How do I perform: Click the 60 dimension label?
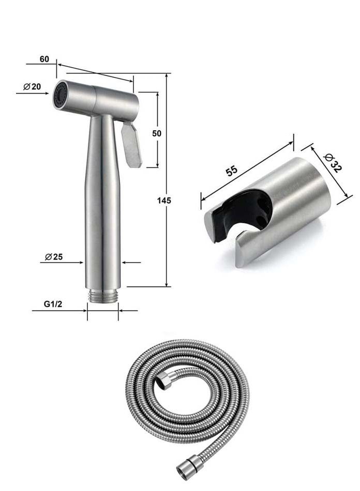click(44, 59)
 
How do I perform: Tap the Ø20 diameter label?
click(32, 86)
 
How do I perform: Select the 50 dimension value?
click(157, 133)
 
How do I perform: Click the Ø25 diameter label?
click(54, 257)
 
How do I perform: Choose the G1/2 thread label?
click(53, 304)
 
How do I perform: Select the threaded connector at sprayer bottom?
click(103, 297)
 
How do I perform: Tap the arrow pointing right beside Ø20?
click(47, 93)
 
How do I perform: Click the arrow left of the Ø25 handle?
click(79, 263)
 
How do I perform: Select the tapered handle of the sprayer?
click(103, 202)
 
